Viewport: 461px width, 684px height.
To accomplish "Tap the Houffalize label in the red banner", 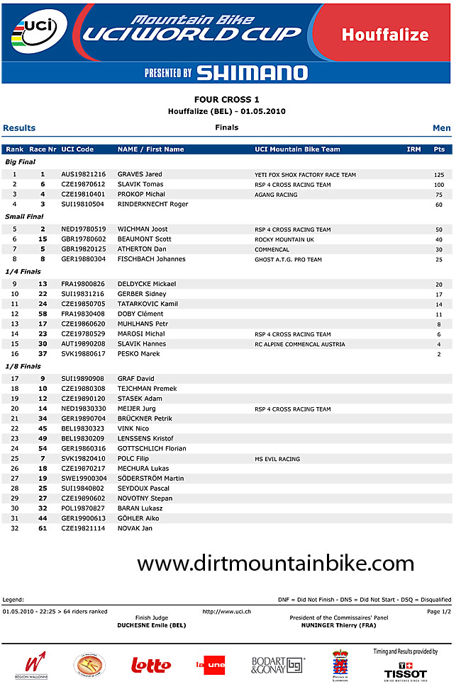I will (x=385, y=35).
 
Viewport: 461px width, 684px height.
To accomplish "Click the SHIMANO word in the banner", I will (x=252, y=73).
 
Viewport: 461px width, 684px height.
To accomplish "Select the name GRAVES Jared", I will (x=140, y=174).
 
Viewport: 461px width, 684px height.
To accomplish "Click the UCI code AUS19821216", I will (x=83, y=174).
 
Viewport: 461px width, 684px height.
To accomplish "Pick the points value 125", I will (x=439, y=175).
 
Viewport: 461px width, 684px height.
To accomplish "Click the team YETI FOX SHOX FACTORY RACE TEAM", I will (x=305, y=175).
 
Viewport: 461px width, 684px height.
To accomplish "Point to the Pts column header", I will (x=439, y=149).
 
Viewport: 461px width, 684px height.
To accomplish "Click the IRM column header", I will (x=413, y=149).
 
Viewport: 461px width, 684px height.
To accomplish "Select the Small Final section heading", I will (x=24, y=217).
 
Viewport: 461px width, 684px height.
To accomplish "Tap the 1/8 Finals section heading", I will (x=23, y=367).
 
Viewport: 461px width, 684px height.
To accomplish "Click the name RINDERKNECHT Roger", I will (x=152, y=204).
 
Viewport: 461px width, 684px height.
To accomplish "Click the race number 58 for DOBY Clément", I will (x=43, y=314).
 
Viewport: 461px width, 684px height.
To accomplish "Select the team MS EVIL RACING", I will (x=277, y=460).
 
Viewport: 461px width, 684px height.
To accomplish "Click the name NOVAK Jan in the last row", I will (x=135, y=528).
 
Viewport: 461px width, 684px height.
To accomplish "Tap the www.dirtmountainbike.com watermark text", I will (x=275, y=564).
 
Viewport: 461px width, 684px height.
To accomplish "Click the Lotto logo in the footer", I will (x=151, y=665).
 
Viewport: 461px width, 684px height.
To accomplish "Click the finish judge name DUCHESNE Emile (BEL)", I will (x=151, y=626).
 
